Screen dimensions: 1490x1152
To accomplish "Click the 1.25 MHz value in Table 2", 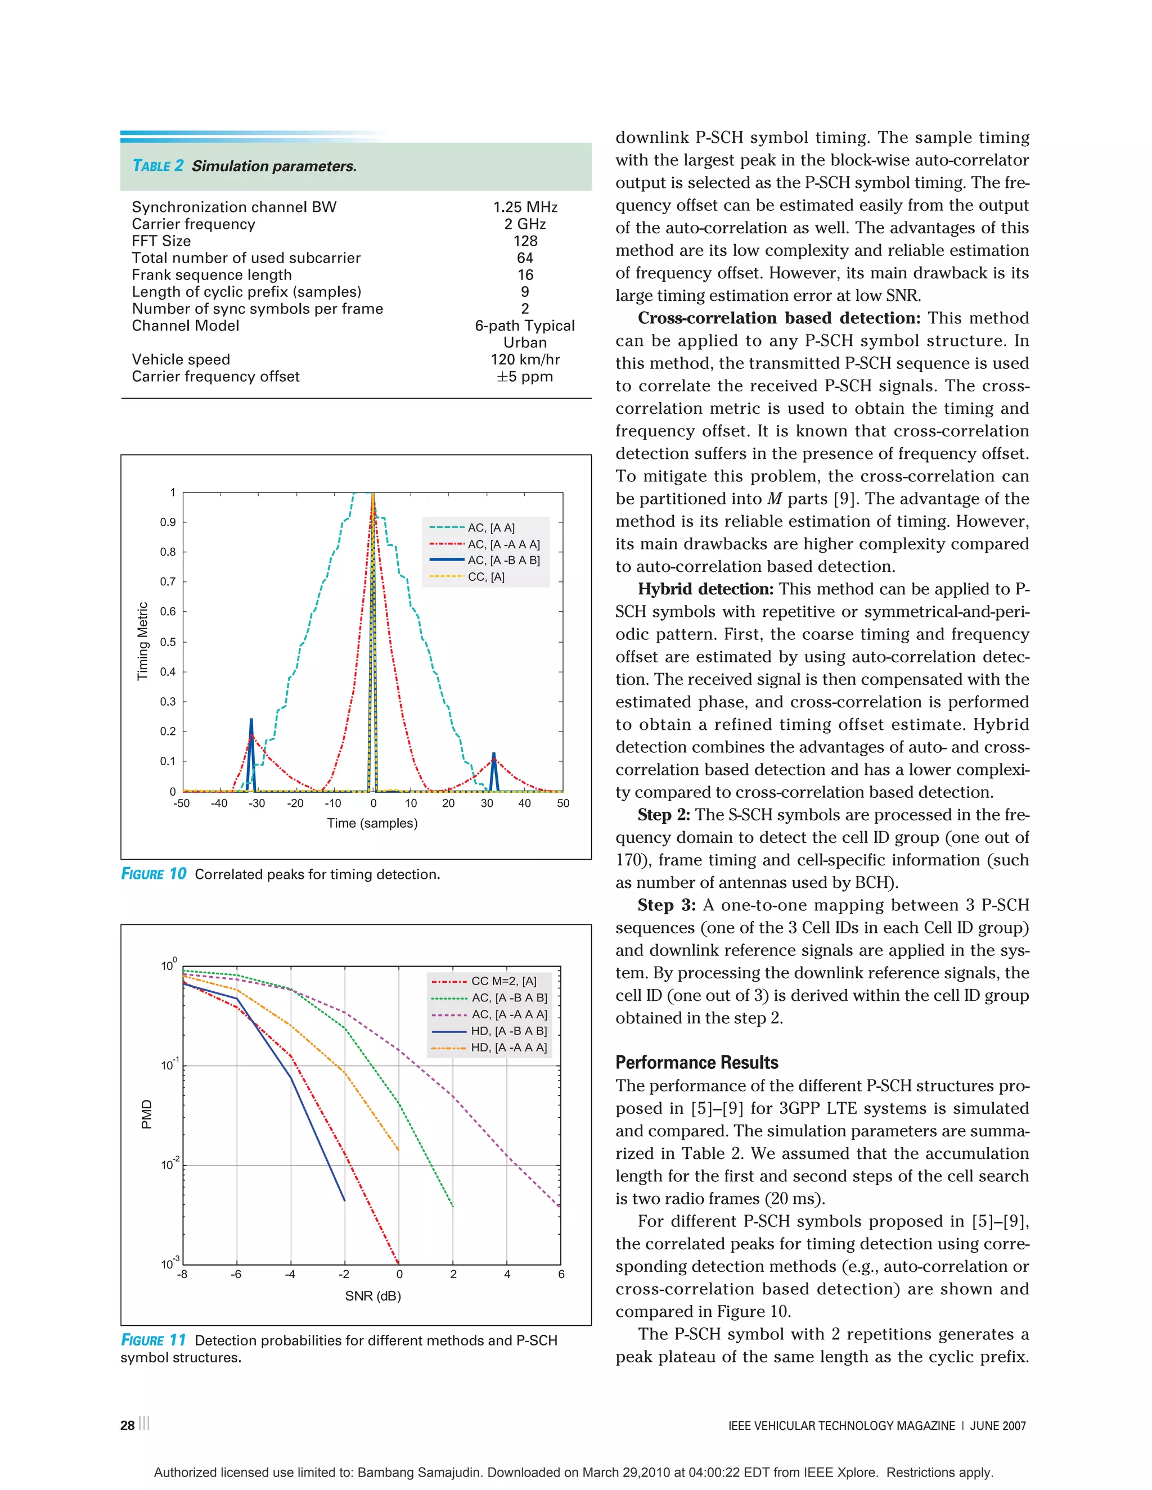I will click(x=525, y=207).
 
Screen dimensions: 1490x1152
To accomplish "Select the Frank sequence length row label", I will click(x=211, y=275).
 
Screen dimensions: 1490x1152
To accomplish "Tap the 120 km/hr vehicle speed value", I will click(x=525, y=359).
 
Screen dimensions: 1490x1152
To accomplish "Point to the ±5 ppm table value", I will click(x=525, y=377).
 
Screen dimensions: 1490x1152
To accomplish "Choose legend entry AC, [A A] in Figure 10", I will click(x=490, y=527).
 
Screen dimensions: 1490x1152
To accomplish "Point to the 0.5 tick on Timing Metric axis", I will click(x=168, y=642).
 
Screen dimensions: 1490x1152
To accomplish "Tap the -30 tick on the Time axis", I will click(x=256, y=803).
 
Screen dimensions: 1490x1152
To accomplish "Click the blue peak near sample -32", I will click(x=251, y=723).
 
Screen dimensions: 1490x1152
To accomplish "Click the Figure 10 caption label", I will click(x=154, y=874).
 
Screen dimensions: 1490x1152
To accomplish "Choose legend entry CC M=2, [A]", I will click(x=503, y=981).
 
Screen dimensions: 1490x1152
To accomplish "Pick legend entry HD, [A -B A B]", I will click(x=508, y=1031).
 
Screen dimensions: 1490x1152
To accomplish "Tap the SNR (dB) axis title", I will click(x=372, y=1295).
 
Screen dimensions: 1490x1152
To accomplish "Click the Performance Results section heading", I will click(x=696, y=1062).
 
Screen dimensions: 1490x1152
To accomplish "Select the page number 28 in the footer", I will click(x=128, y=1425).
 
